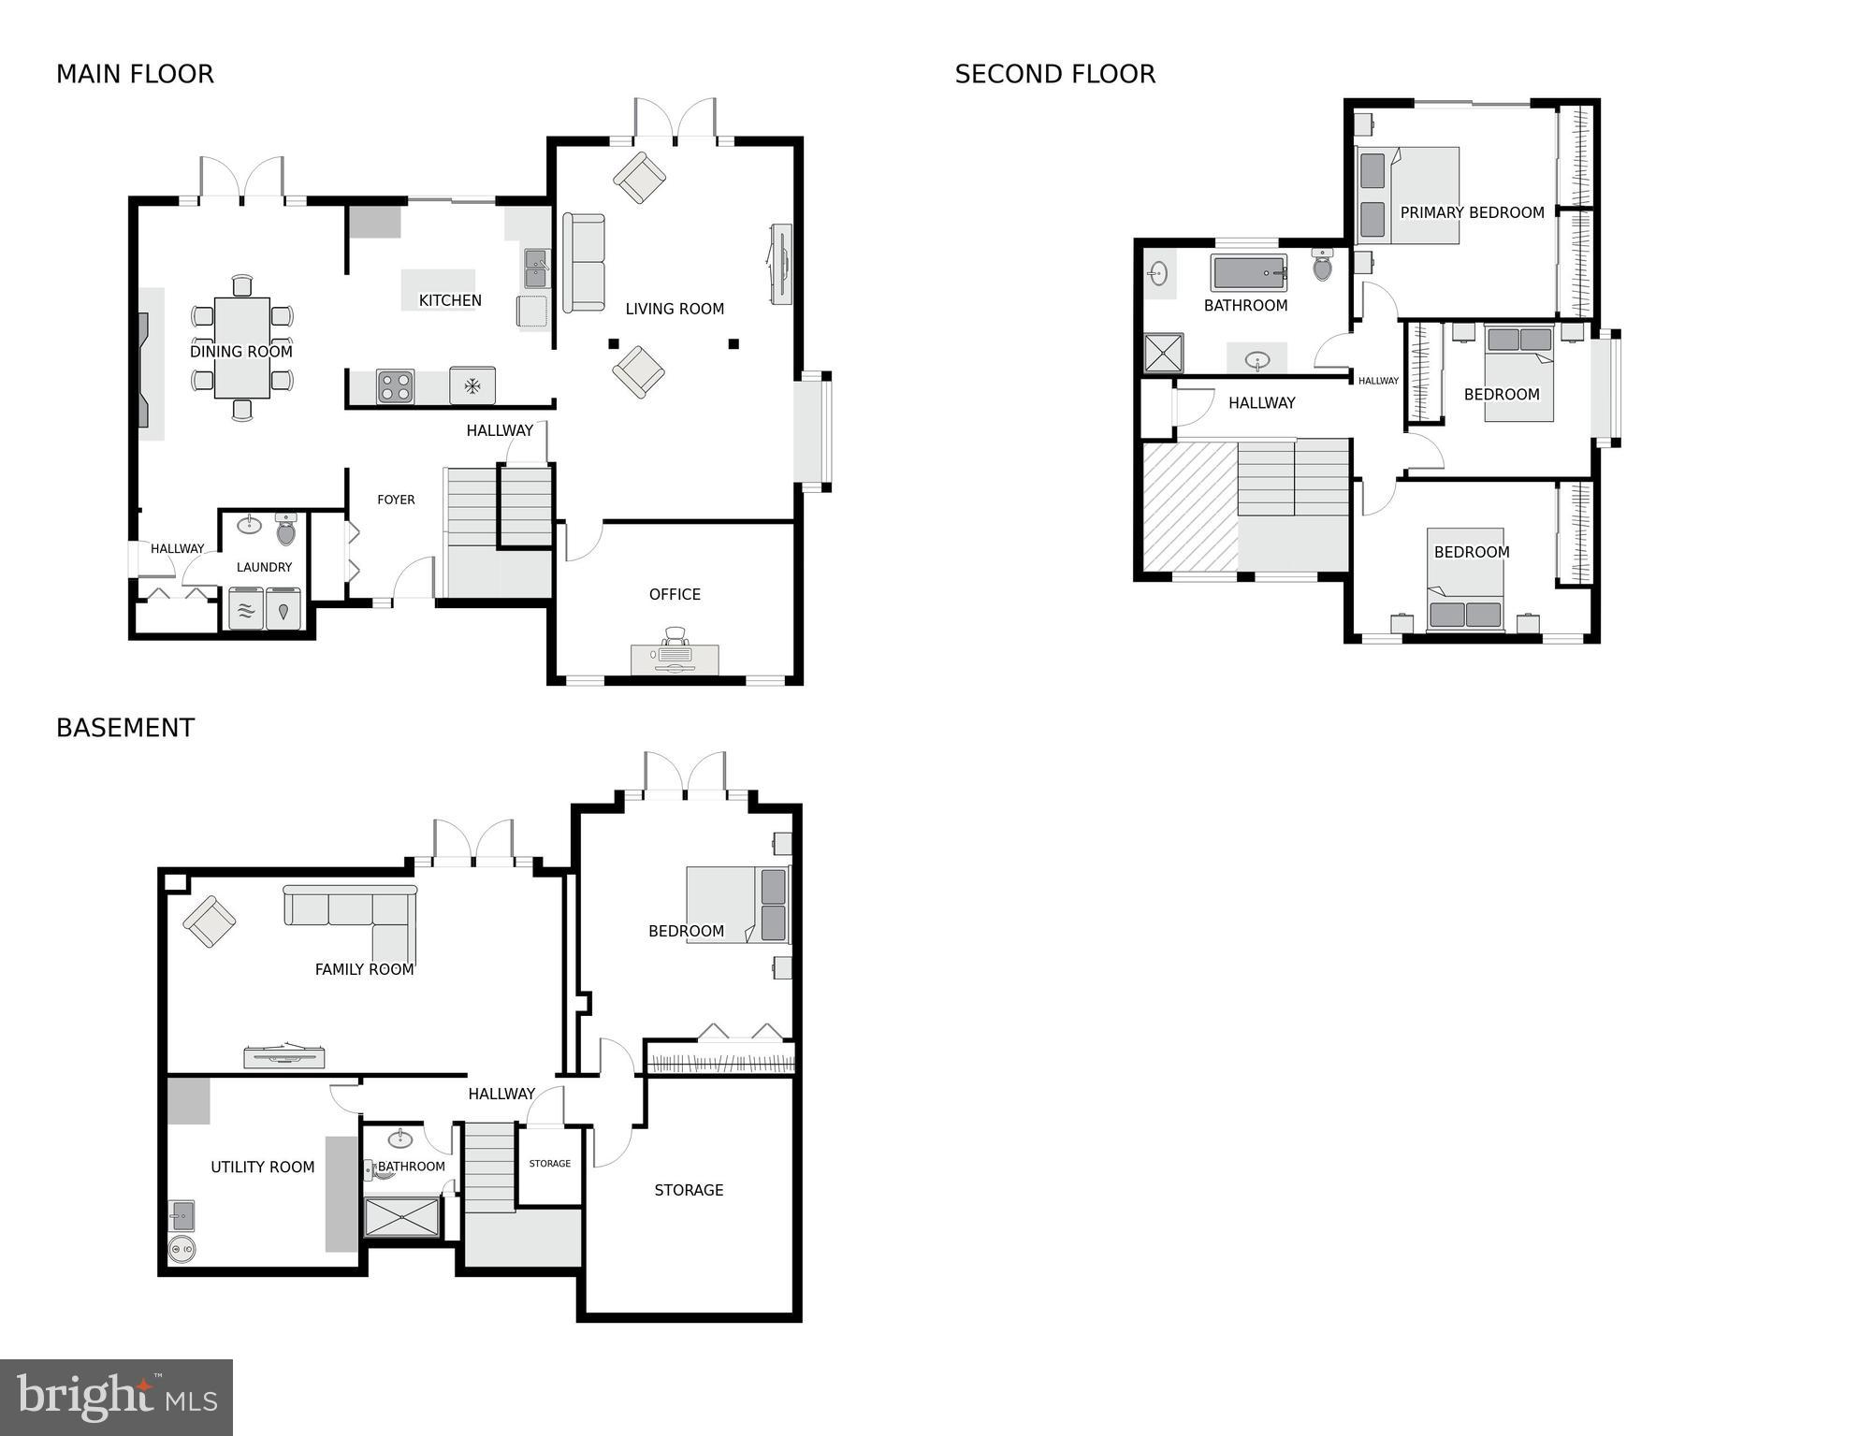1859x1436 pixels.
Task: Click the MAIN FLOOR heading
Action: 135,74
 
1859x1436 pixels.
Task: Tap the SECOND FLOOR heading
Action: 1054,74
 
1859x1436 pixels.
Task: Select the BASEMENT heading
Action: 125,728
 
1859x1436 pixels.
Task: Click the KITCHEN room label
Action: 450,300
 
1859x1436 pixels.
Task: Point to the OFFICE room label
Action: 675,594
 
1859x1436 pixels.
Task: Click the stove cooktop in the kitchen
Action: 395,386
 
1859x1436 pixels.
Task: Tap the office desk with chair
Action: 675,653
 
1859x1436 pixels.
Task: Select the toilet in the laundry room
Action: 286,529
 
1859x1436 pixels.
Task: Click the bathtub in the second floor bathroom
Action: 1248,272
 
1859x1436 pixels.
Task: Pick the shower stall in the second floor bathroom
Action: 1164,354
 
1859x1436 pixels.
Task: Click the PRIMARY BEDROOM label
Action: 1472,212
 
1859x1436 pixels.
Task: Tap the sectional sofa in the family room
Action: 351,917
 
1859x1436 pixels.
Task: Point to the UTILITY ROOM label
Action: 262,1167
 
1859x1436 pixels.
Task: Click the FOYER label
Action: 396,500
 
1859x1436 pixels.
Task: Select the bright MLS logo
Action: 116,1398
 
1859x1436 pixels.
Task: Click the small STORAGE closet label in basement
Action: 549,1164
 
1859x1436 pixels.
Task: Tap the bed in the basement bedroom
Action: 737,904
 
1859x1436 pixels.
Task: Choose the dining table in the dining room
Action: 241,347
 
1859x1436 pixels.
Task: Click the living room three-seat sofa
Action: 583,263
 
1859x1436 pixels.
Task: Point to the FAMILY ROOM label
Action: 364,969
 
